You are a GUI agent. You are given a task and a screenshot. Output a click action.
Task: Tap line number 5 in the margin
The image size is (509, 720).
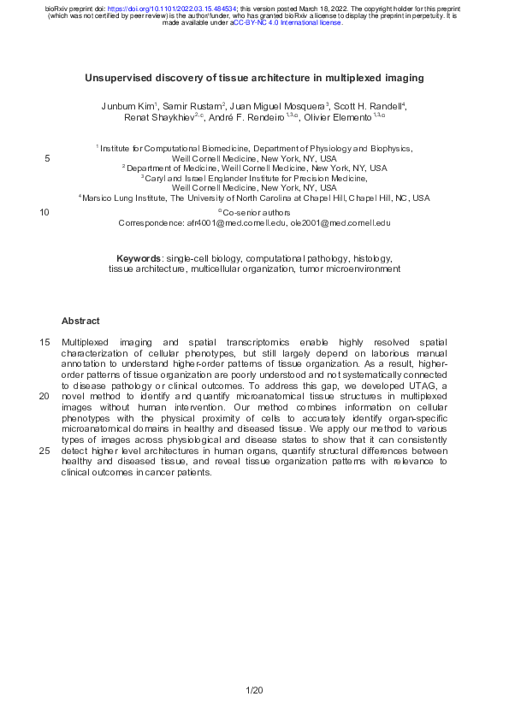point(46,158)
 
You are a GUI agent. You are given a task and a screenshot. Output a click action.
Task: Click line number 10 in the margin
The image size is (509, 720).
point(44,212)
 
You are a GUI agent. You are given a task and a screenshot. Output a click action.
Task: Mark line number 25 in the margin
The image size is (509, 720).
point(44,451)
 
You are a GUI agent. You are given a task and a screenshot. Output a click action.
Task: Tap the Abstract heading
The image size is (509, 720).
point(80,322)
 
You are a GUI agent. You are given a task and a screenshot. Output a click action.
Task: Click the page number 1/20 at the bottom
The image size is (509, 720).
point(254,689)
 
